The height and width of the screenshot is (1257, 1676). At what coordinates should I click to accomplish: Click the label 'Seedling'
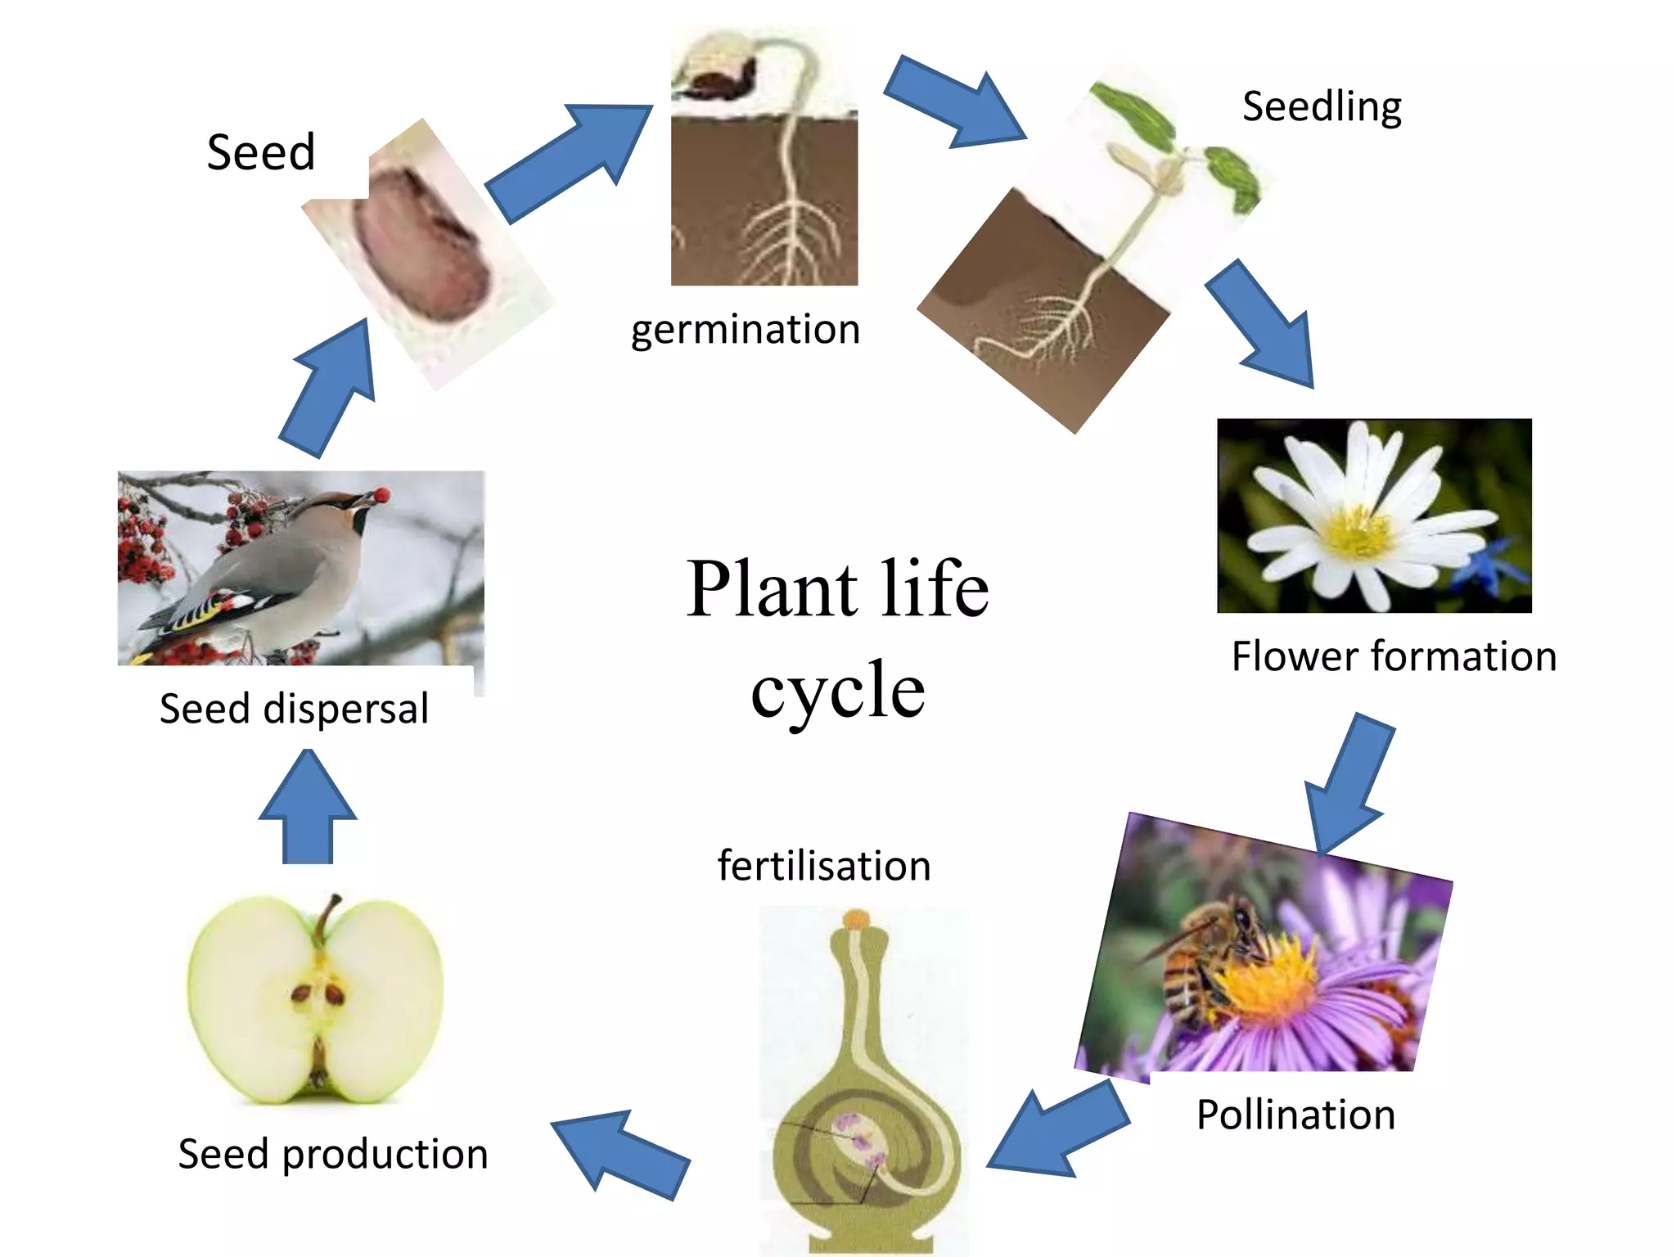1321,107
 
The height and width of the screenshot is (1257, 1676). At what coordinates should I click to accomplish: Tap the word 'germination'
745,330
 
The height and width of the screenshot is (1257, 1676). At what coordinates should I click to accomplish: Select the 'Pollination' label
1295,1115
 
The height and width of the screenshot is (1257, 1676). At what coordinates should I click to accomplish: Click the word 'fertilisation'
824,866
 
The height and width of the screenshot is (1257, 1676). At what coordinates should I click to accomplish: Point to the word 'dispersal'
345,709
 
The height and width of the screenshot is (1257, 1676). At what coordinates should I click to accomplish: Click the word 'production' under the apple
385,1155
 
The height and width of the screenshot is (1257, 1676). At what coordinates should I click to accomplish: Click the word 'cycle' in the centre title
837,690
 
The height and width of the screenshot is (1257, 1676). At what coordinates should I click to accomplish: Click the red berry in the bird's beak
381,494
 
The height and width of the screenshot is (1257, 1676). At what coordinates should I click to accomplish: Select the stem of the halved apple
327,917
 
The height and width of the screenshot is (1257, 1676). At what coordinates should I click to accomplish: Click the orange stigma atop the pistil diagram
856,919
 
